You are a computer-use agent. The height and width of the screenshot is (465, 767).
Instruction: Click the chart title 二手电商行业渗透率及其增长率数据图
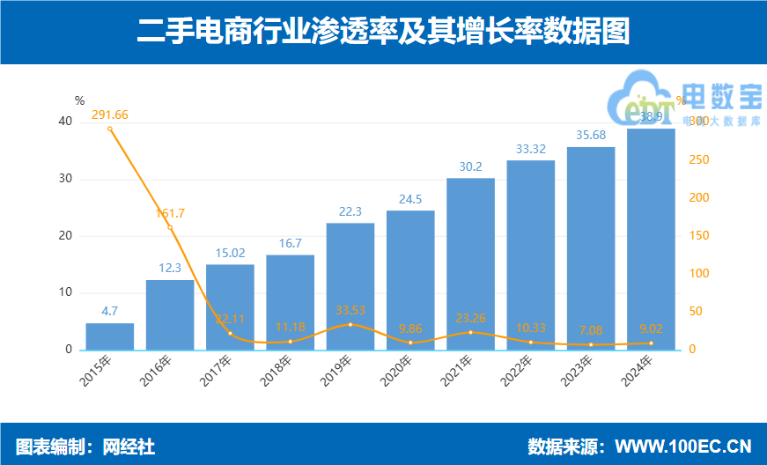[x=383, y=32]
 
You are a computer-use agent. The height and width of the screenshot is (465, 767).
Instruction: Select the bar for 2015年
[x=110, y=336]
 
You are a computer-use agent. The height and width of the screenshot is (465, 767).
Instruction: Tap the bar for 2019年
[x=350, y=286]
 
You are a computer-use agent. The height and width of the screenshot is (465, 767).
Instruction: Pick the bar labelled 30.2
[x=470, y=264]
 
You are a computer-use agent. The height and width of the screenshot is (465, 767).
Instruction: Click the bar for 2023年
[x=591, y=248]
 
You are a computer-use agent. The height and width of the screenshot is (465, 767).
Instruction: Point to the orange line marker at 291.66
[x=110, y=129]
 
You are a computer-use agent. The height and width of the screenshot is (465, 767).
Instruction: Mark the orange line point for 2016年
[x=170, y=227]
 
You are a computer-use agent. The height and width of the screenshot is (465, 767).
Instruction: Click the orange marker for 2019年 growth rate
[x=350, y=324]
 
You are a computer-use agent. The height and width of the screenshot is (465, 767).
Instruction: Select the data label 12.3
[x=170, y=269]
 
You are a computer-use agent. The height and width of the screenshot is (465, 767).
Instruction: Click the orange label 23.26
[x=470, y=318]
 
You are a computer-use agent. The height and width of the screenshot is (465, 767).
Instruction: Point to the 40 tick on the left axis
[x=64, y=122]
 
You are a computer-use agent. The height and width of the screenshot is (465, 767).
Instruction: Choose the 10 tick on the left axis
[x=64, y=292]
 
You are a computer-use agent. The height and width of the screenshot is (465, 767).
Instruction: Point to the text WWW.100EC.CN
[x=682, y=447]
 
